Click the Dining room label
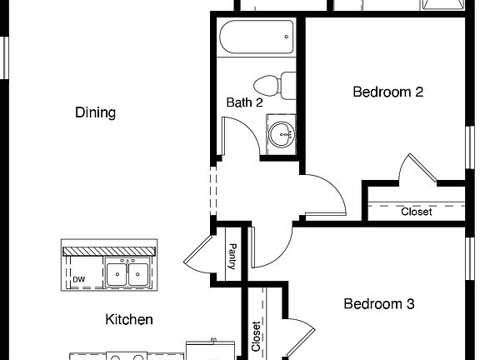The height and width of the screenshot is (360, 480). (x=95, y=112)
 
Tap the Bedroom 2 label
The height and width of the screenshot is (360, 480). (x=387, y=92)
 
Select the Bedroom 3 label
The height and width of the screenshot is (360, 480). (x=379, y=304)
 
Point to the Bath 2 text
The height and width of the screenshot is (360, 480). (x=245, y=102)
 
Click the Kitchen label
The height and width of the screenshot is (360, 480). (x=129, y=319)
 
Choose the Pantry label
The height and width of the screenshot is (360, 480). (x=232, y=255)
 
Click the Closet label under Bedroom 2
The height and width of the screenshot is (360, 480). (x=416, y=212)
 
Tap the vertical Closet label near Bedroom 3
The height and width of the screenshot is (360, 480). (x=256, y=335)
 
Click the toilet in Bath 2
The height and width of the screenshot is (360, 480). (x=276, y=85)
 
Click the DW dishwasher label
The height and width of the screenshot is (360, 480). (x=78, y=279)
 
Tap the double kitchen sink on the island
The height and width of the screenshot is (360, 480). (x=127, y=273)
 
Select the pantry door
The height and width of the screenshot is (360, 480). (x=197, y=252)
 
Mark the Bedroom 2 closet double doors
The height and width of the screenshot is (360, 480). (x=417, y=169)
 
